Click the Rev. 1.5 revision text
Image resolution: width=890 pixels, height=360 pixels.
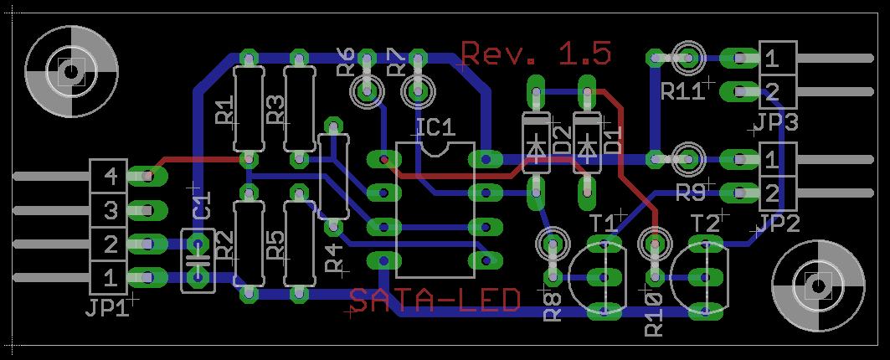[x=536, y=54]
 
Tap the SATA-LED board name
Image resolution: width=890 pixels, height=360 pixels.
[x=434, y=300]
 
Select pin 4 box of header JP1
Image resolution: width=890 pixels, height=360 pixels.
[x=110, y=176]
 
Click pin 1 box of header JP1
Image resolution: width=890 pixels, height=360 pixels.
[x=110, y=275]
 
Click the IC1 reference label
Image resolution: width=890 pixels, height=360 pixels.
[x=435, y=127]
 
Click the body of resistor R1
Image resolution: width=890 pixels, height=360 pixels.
[x=249, y=107]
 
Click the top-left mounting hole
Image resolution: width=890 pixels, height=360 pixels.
[x=65, y=69]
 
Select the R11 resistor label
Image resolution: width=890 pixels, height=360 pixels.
[x=683, y=91]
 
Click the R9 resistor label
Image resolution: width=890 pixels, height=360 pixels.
[x=691, y=194]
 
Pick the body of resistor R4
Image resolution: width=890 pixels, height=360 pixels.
[x=334, y=175]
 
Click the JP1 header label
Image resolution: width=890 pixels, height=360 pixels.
[x=106, y=308]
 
